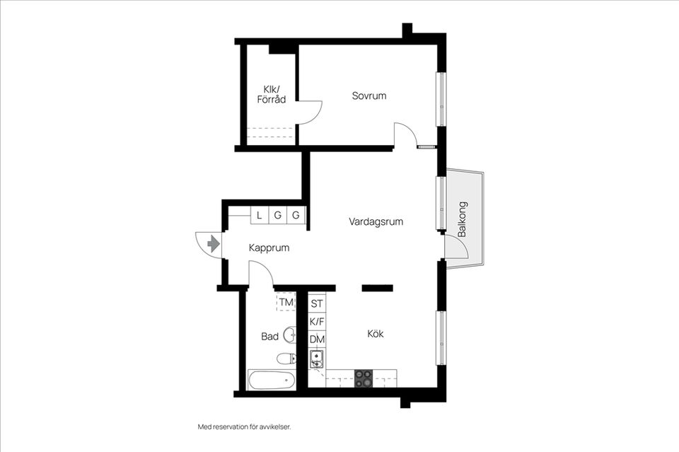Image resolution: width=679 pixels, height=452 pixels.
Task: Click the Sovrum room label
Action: pos(369,95)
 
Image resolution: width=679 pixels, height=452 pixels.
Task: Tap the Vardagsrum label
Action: pos(376,221)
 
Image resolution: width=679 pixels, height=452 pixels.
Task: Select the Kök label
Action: pos(376,334)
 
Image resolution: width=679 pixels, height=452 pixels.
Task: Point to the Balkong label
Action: pos(462,219)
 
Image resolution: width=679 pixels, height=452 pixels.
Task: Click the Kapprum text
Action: pos(269,248)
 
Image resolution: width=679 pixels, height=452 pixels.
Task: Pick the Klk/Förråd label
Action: pos(272,94)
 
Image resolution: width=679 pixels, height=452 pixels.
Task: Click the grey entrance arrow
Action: pos(213,244)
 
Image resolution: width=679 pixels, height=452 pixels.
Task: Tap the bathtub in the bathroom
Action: pos(272,380)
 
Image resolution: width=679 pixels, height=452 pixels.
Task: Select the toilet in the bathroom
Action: pos(286,359)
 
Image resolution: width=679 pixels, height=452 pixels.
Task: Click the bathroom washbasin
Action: pos(289,335)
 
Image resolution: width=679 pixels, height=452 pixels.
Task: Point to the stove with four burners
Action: pos(364,379)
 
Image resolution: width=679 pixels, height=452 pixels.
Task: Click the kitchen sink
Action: pos(317,359)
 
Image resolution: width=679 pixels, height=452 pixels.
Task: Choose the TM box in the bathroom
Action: pos(286,302)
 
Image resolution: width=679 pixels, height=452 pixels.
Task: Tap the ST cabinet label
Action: pos(317,304)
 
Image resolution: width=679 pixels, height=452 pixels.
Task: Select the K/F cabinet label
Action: pos(317,322)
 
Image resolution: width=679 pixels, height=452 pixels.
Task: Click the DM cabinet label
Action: pos(317,340)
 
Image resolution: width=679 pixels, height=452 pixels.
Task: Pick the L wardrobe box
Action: pos(260,215)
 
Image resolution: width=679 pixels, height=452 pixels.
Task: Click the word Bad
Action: pos(269,337)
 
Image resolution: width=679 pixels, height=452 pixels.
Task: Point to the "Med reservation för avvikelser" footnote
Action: pos(244,427)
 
